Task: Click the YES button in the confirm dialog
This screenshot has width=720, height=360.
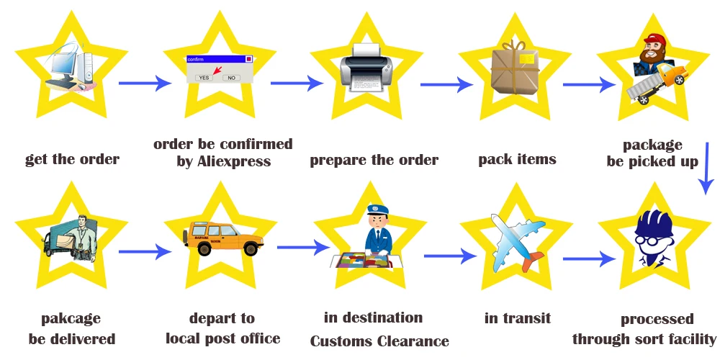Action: (x=204, y=78)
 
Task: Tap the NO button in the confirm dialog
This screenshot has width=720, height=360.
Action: (x=231, y=78)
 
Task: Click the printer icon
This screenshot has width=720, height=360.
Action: (x=366, y=67)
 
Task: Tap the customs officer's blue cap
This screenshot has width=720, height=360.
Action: (x=377, y=210)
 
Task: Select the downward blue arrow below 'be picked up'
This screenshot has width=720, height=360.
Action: (x=706, y=168)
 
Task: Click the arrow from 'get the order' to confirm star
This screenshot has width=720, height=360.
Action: (x=145, y=83)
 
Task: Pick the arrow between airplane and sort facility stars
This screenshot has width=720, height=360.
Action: (x=589, y=259)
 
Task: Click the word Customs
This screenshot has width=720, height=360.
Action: (x=341, y=341)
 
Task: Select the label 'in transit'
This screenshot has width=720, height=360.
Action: (x=518, y=318)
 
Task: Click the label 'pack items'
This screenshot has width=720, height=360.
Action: (x=517, y=159)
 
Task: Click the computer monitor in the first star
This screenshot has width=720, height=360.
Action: (x=62, y=66)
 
